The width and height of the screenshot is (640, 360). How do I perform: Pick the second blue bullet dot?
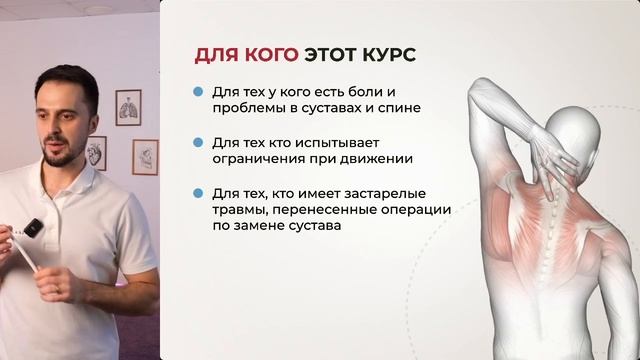click(x=199, y=142)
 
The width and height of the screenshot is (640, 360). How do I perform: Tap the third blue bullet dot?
click(x=199, y=192)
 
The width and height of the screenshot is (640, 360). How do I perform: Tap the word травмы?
click(x=237, y=209)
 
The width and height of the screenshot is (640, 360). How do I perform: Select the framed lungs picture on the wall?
click(x=128, y=107)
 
